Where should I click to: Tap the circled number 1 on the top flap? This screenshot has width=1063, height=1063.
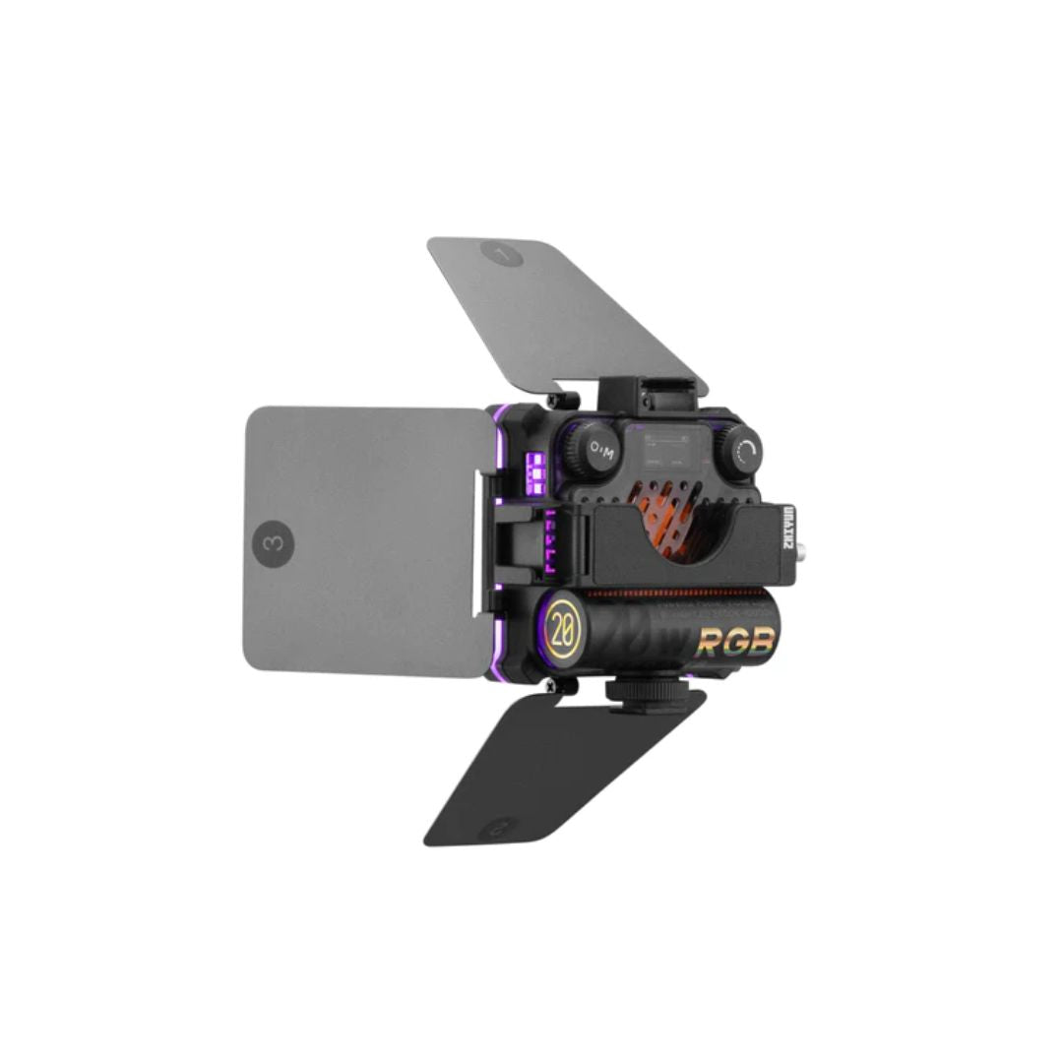502,254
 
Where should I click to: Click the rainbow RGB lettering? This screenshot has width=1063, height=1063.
736,642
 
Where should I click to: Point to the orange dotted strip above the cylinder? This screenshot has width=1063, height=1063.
679,594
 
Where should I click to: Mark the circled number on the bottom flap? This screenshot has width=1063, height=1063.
499,826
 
